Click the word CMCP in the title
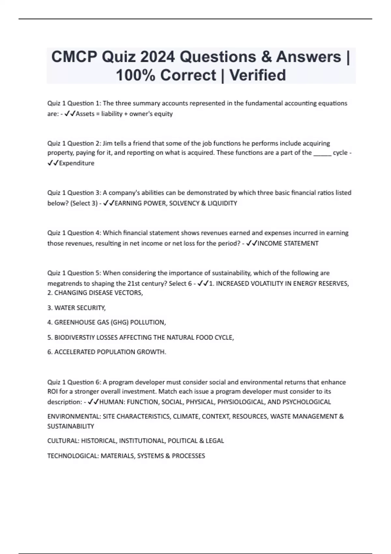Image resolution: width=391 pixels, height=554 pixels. pos(74,57)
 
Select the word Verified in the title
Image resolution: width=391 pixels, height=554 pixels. pos(258,75)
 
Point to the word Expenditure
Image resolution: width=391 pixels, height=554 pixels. pos(77,163)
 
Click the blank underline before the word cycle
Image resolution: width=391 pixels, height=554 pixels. pos(322,153)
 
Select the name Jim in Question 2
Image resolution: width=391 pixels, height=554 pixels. pos(107,143)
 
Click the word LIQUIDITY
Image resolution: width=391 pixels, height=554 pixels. pos(222,203)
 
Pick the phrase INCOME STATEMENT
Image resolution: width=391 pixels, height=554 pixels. pos(288,243)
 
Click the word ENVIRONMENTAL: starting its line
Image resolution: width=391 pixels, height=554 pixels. pos(74,416)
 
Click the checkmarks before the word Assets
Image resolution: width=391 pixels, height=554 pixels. pos(70,114)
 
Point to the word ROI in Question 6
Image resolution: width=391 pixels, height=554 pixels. pos(52,391)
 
